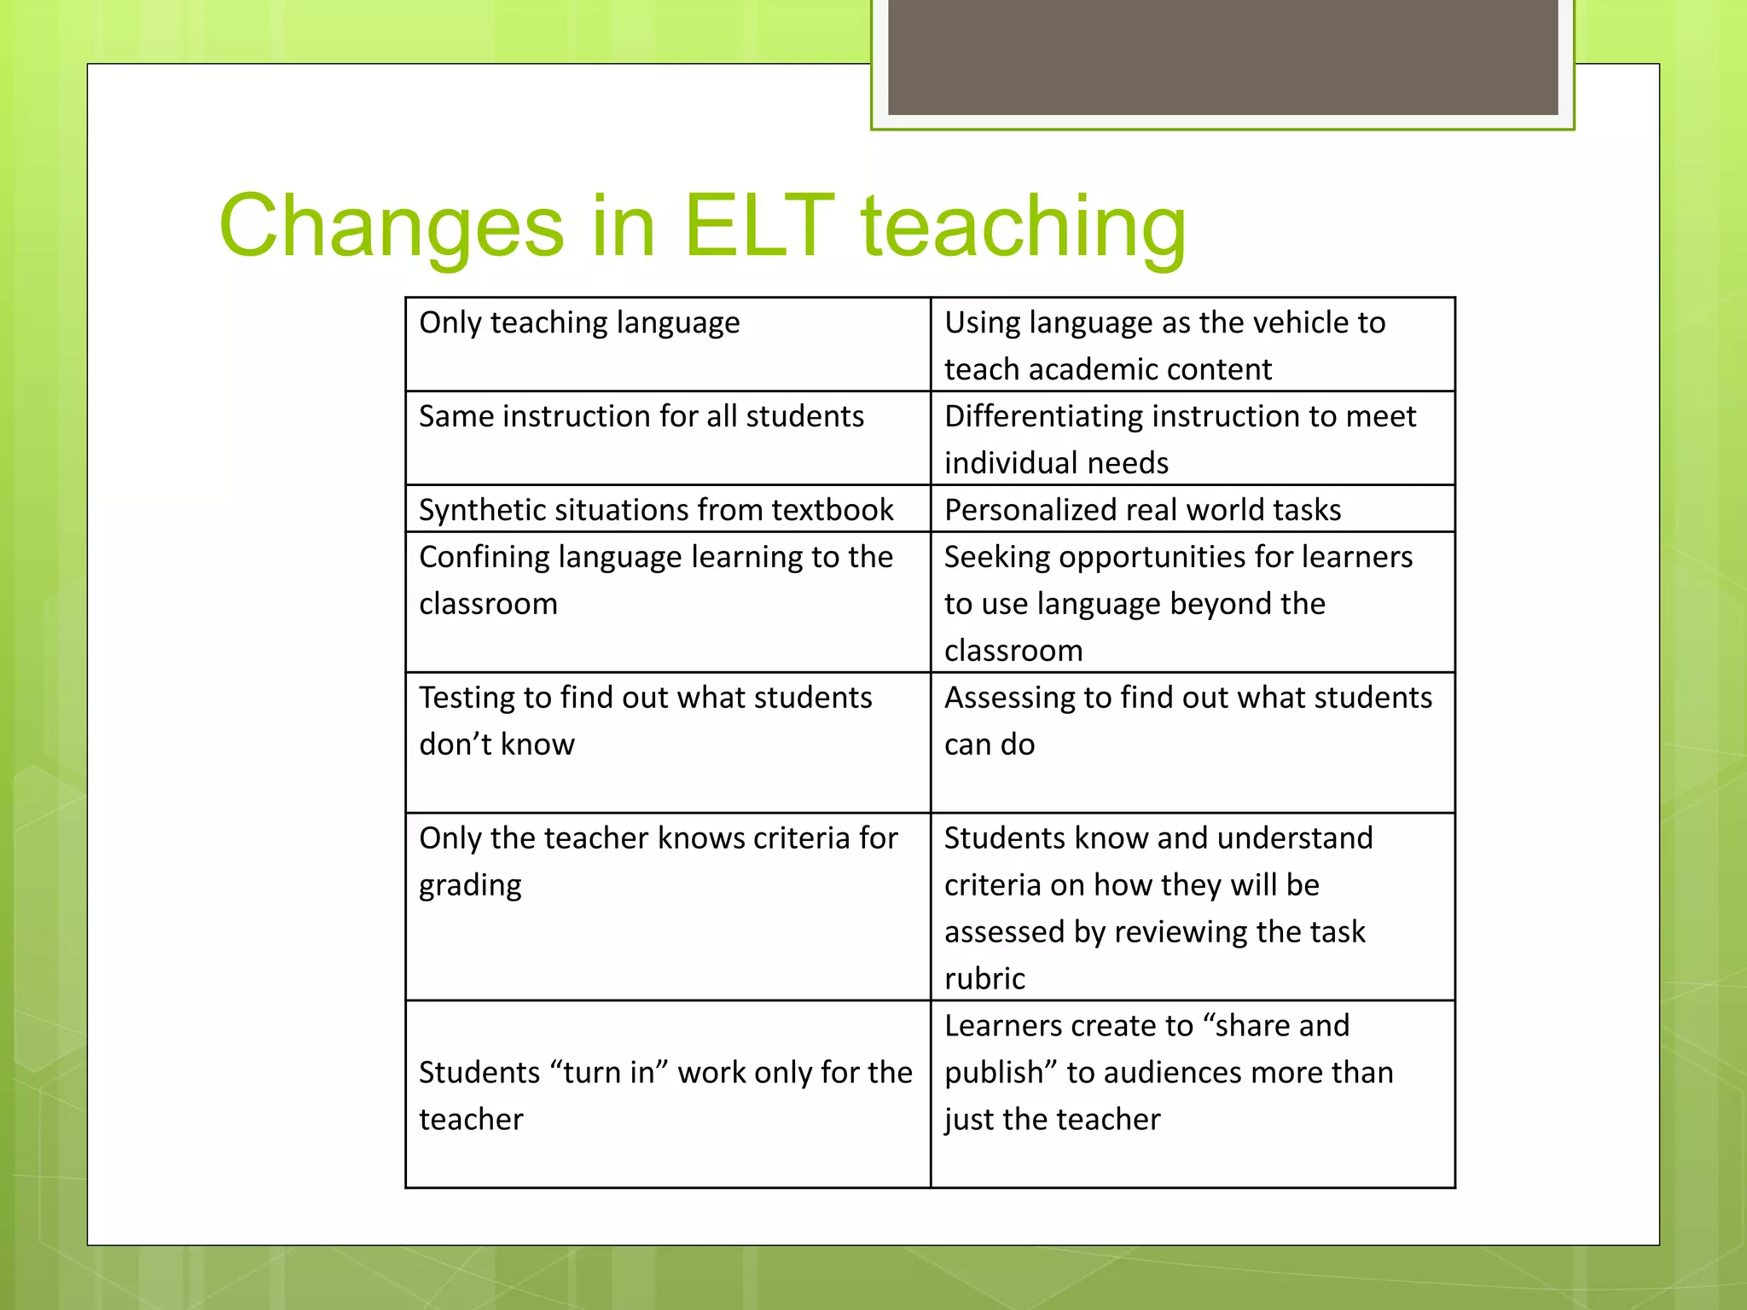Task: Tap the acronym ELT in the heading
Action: pyautogui.click(x=758, y=225)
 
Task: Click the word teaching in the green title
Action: pyautogui.click(x=1023, y=227)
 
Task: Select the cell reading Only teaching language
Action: pyautogui.click(x=579, y=323)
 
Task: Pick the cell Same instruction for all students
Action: pyautogui.click(x=641, y=417)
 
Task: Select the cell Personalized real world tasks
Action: pyautogui.click(x=1142, y=510)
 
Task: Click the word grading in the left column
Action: pyautogui.click(x=470, y=886)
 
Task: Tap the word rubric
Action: pyautogui.click(x=984, y=979)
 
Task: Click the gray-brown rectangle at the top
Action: pyautogui.click(x=1222, y=56)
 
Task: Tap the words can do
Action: pyautogui.click(x=990, y=745)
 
